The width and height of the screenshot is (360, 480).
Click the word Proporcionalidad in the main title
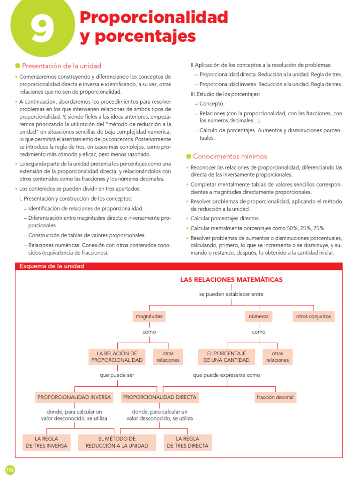click(x=154, y=17)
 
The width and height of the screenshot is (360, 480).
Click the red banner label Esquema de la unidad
click(x=52, y=266)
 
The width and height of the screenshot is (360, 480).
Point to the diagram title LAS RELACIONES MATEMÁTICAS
click(x=232, y=280)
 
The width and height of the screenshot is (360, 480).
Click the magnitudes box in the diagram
click(x=149, y=316)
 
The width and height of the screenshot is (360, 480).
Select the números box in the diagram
click(x=259, y=316)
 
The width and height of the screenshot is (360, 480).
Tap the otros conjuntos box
click(x=314, y=316)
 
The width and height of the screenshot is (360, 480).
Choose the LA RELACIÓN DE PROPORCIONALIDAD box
click(x=117, y=357)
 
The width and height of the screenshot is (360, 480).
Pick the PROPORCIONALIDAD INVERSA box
click(x=74, y=397)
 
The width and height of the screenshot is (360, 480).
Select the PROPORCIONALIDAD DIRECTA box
click(x=160, y=397)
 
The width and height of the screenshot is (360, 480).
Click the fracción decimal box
click(x=275, y=397)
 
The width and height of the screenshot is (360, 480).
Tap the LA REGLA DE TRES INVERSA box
click(x=47, y=442)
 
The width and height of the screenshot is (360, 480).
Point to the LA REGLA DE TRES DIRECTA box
click(x=187, y=442)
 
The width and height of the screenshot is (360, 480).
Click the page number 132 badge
click(x=10, y=470)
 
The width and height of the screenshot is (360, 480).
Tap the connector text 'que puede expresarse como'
click(x=226, y=375)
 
